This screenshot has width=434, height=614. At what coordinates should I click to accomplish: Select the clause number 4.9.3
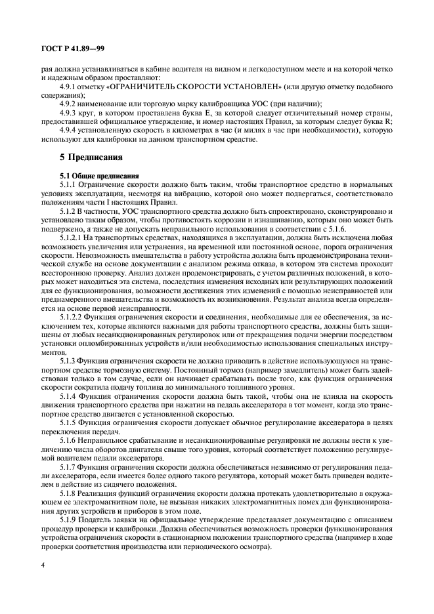[69, 113]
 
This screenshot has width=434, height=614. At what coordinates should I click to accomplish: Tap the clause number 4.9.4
[69, 130]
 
